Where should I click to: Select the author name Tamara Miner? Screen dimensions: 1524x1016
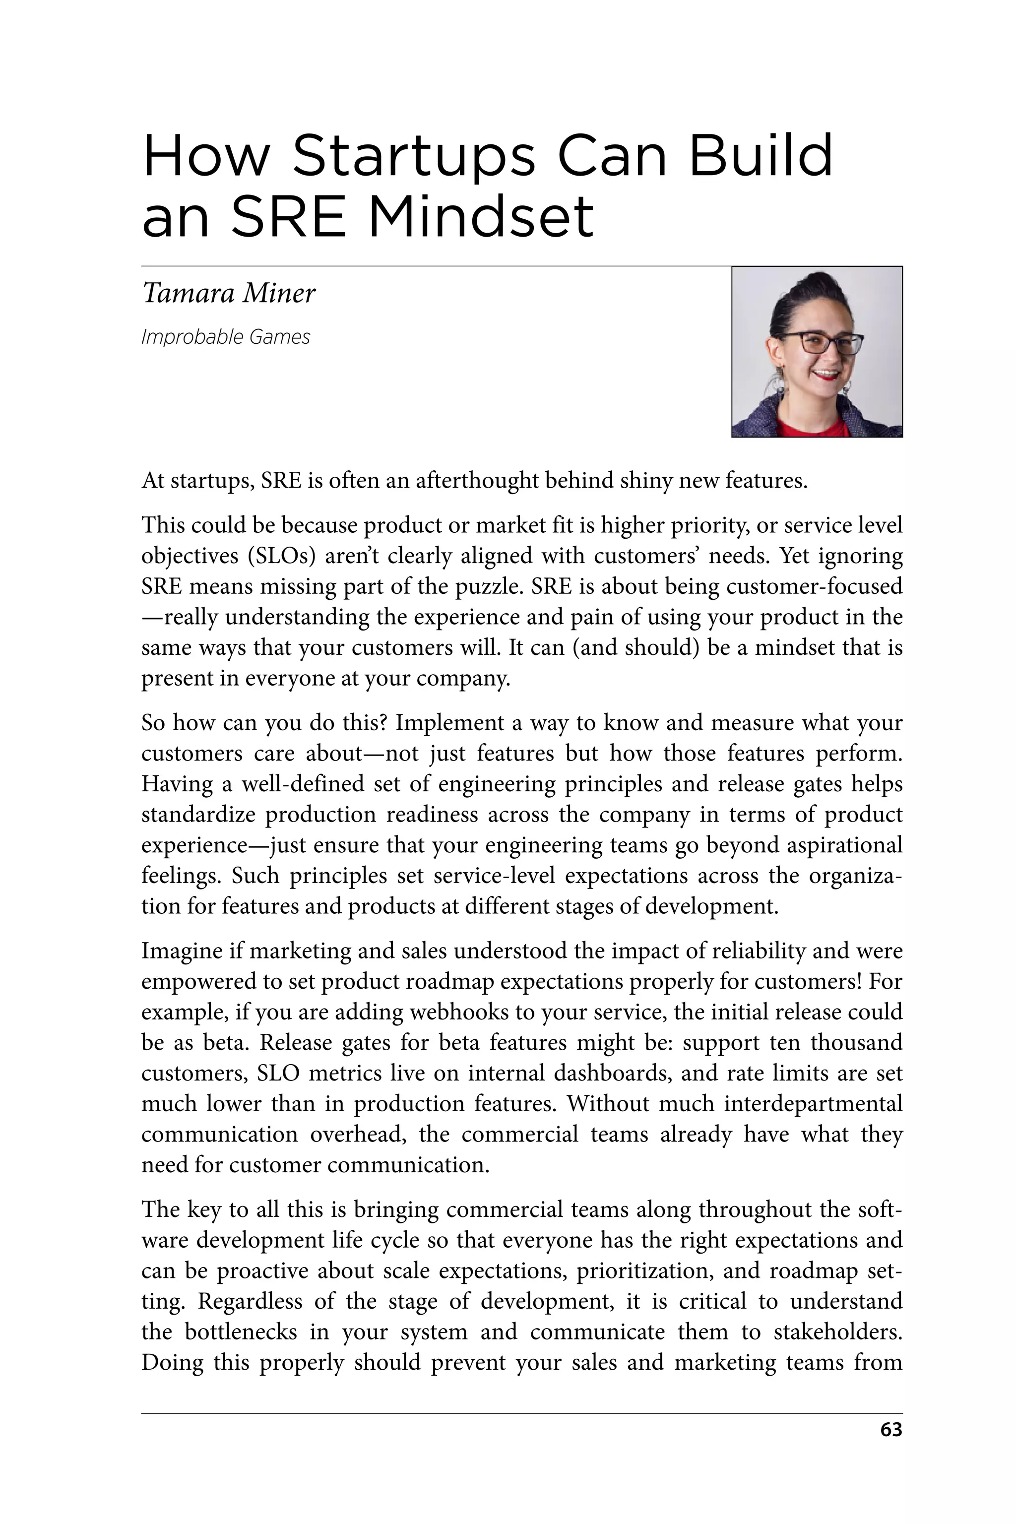pos(228,293)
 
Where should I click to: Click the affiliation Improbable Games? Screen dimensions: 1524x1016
pos(226,337)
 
